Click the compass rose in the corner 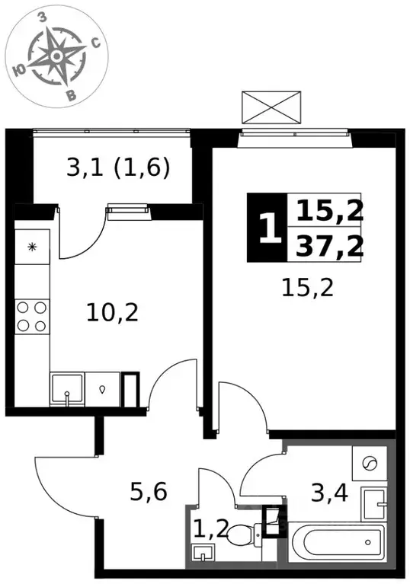56,56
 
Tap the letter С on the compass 96,44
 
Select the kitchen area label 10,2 112,312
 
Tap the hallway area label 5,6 149,492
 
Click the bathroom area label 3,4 329,493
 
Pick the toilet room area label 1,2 211,528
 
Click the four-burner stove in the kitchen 32,317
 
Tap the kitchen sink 67,389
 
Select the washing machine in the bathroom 369,463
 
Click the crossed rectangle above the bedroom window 271,107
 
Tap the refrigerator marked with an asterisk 33,247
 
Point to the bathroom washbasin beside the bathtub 374,504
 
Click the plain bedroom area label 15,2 308,288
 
